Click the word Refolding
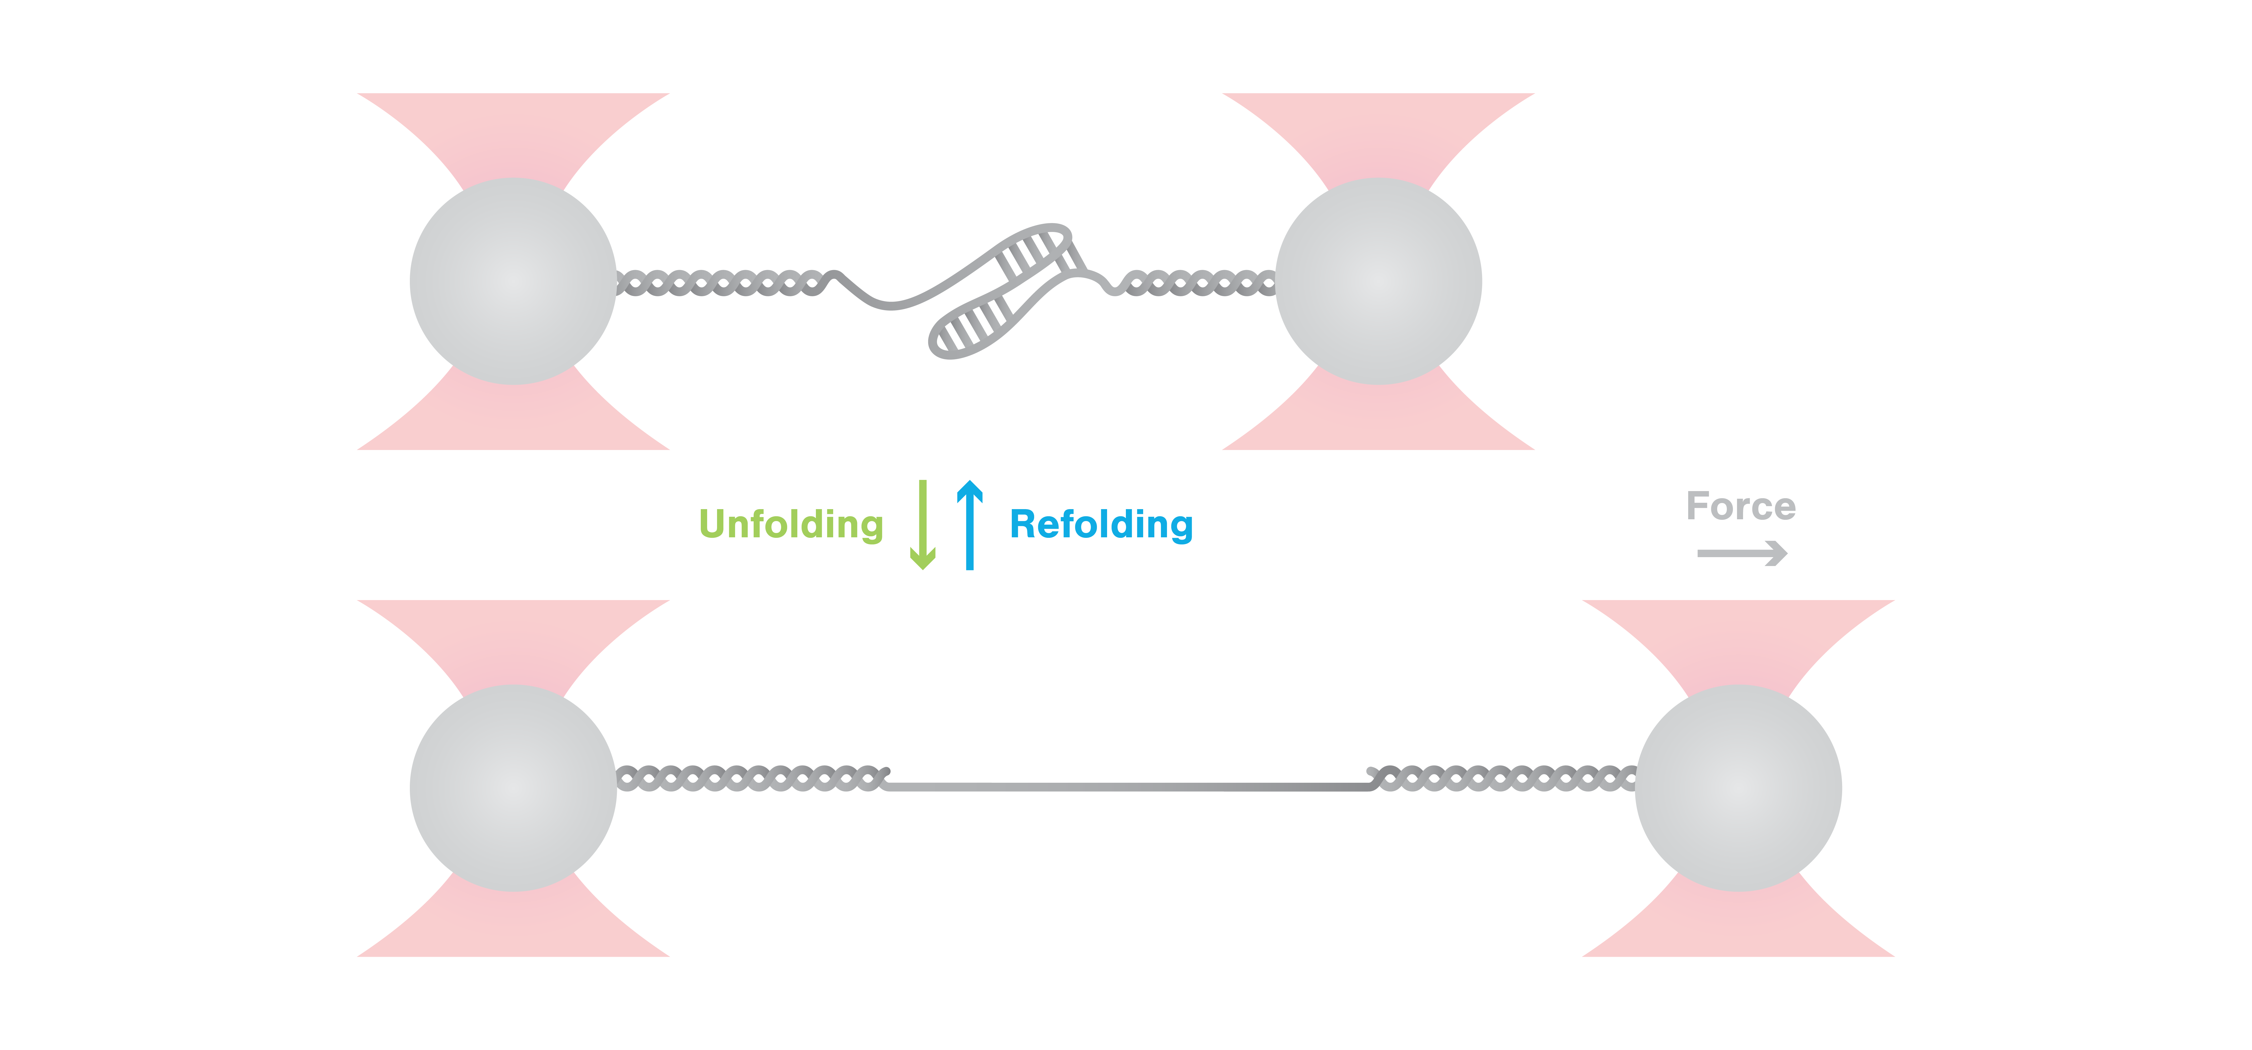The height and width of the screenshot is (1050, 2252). [x=1101, y=525]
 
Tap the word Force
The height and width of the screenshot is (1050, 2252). [x=1741, y=506]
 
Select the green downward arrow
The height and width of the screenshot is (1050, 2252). [x=922, y=525]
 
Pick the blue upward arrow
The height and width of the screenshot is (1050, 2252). [x=970, y=525]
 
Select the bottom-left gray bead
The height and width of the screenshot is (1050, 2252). [x=513, y=788]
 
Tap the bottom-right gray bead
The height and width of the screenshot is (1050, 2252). [x=1738, y=788]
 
